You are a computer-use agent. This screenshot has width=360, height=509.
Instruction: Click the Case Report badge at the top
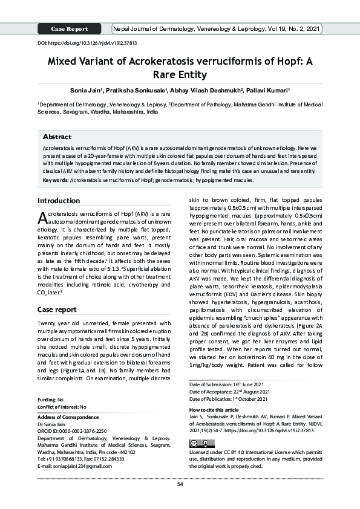70,29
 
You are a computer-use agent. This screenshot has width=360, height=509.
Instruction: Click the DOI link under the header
87,44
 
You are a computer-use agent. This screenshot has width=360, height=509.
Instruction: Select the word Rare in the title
166,75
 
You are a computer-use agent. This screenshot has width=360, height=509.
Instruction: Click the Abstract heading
57,137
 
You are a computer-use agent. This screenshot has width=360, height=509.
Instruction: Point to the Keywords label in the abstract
56,180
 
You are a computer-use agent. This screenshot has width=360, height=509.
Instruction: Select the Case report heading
57,310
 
